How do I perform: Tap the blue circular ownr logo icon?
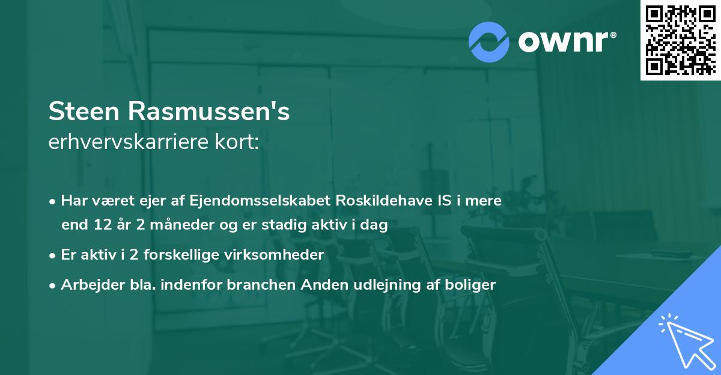[489, 41]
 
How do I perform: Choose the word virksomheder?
[277, 255]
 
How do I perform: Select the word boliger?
[473, 285]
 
